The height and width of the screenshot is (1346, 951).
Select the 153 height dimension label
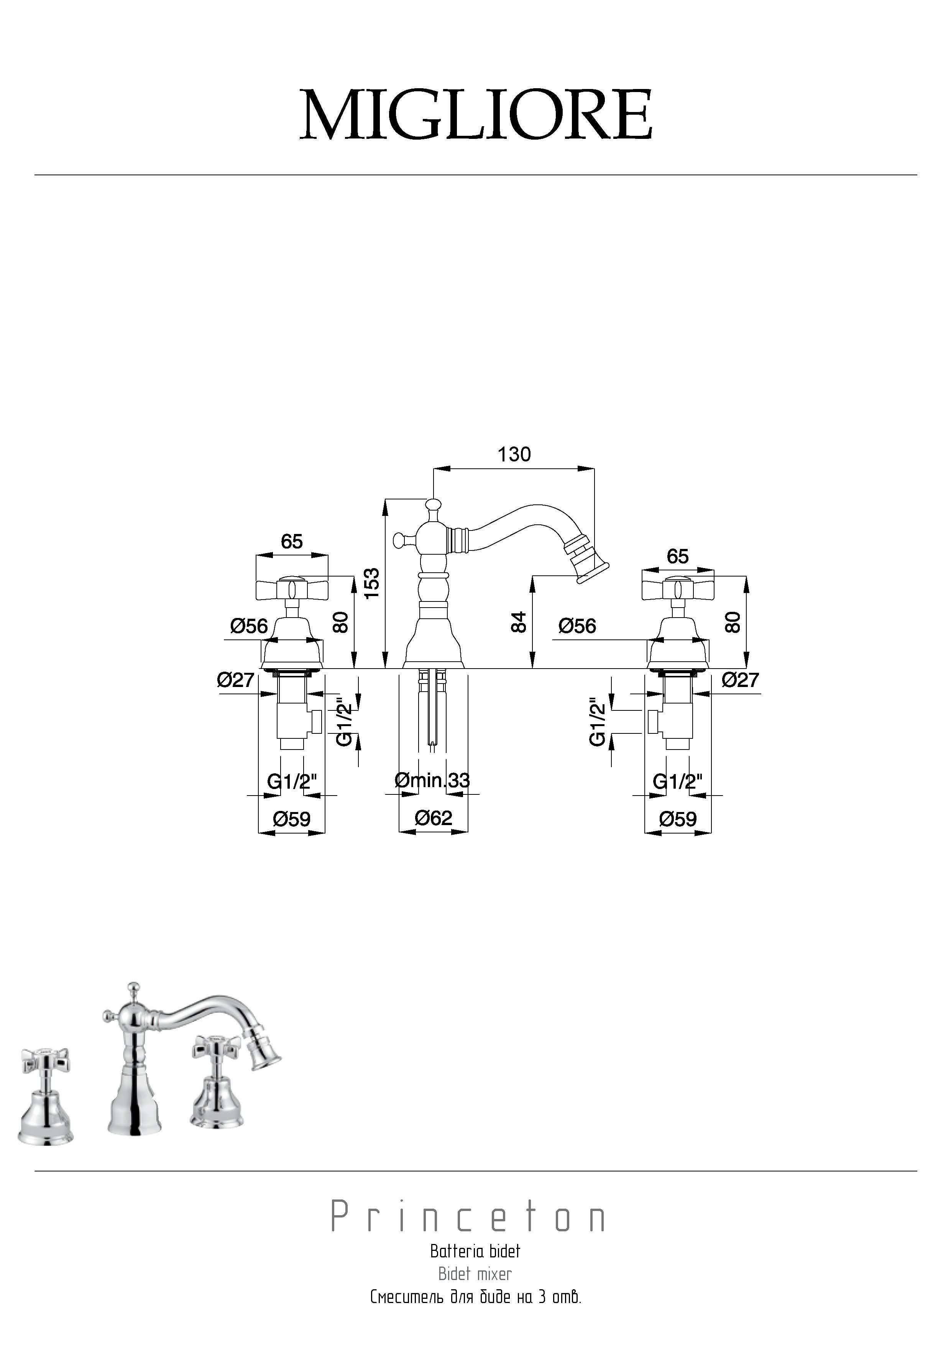click(371, 583)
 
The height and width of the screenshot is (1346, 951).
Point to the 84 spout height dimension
click(519, 622)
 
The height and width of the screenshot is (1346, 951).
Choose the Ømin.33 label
click(432, 780)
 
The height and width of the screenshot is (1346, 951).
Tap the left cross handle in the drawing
click(291, 588)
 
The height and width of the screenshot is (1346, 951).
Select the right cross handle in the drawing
click(678, 588)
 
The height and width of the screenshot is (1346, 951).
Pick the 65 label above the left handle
click(291, 541)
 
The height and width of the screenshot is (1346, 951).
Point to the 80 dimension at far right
click(733, 622)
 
